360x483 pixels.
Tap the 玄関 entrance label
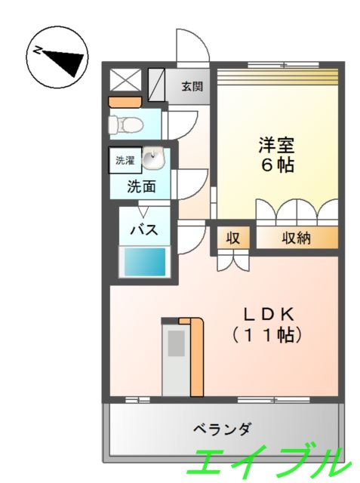[192, 86]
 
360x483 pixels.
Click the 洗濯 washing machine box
[123, 160]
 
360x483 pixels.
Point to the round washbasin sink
[155, 160]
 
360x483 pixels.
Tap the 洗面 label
[141, 186]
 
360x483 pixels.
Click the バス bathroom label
[144, 229]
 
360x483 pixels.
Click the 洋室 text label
[272, 143]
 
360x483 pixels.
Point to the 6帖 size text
[272, 165]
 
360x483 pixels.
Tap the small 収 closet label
[233, 238]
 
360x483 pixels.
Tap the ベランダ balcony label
[221, 429]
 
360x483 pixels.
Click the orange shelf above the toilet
[125, 101]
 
